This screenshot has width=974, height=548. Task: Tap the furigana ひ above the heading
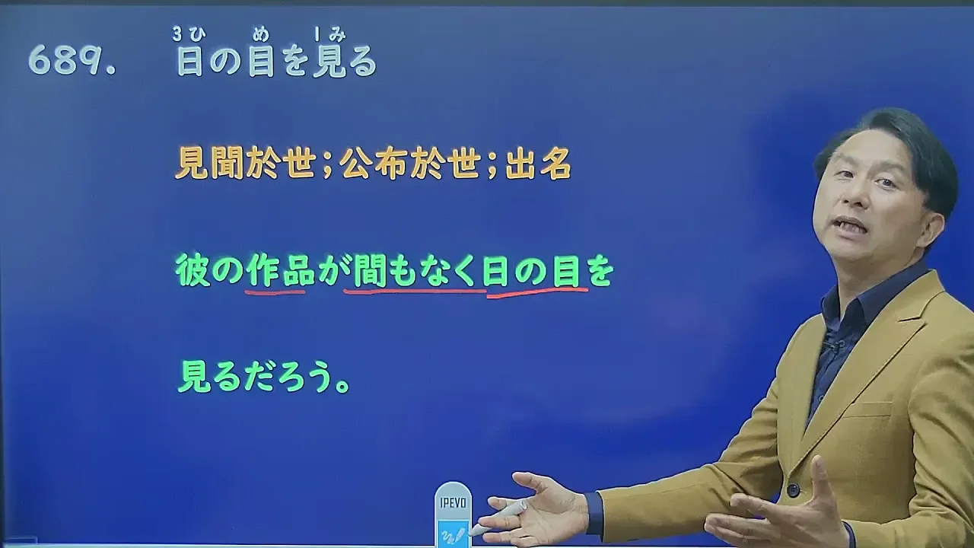tap(196, 34)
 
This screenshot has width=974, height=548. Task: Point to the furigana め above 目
tap(261, 34)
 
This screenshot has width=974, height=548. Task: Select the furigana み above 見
tap(337, 35)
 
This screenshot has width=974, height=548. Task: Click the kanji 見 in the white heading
tap(329, 62)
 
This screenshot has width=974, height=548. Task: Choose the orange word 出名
tap(538, 164)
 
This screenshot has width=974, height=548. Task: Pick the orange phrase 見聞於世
tap(245, 164)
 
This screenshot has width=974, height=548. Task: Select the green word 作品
tap(280, 270)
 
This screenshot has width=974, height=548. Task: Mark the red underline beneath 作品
tap(275, 293)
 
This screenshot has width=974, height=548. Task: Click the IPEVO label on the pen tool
tap(453, 503)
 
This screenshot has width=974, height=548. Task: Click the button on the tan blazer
tap(793, 490)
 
